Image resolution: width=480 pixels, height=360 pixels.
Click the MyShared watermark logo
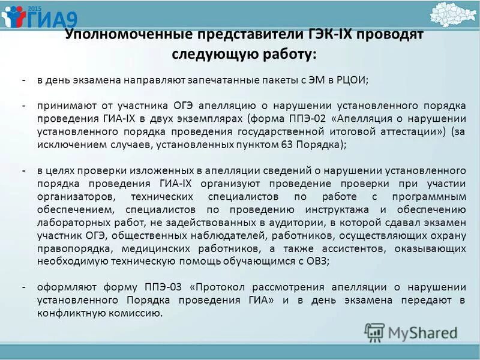point(412,332)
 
